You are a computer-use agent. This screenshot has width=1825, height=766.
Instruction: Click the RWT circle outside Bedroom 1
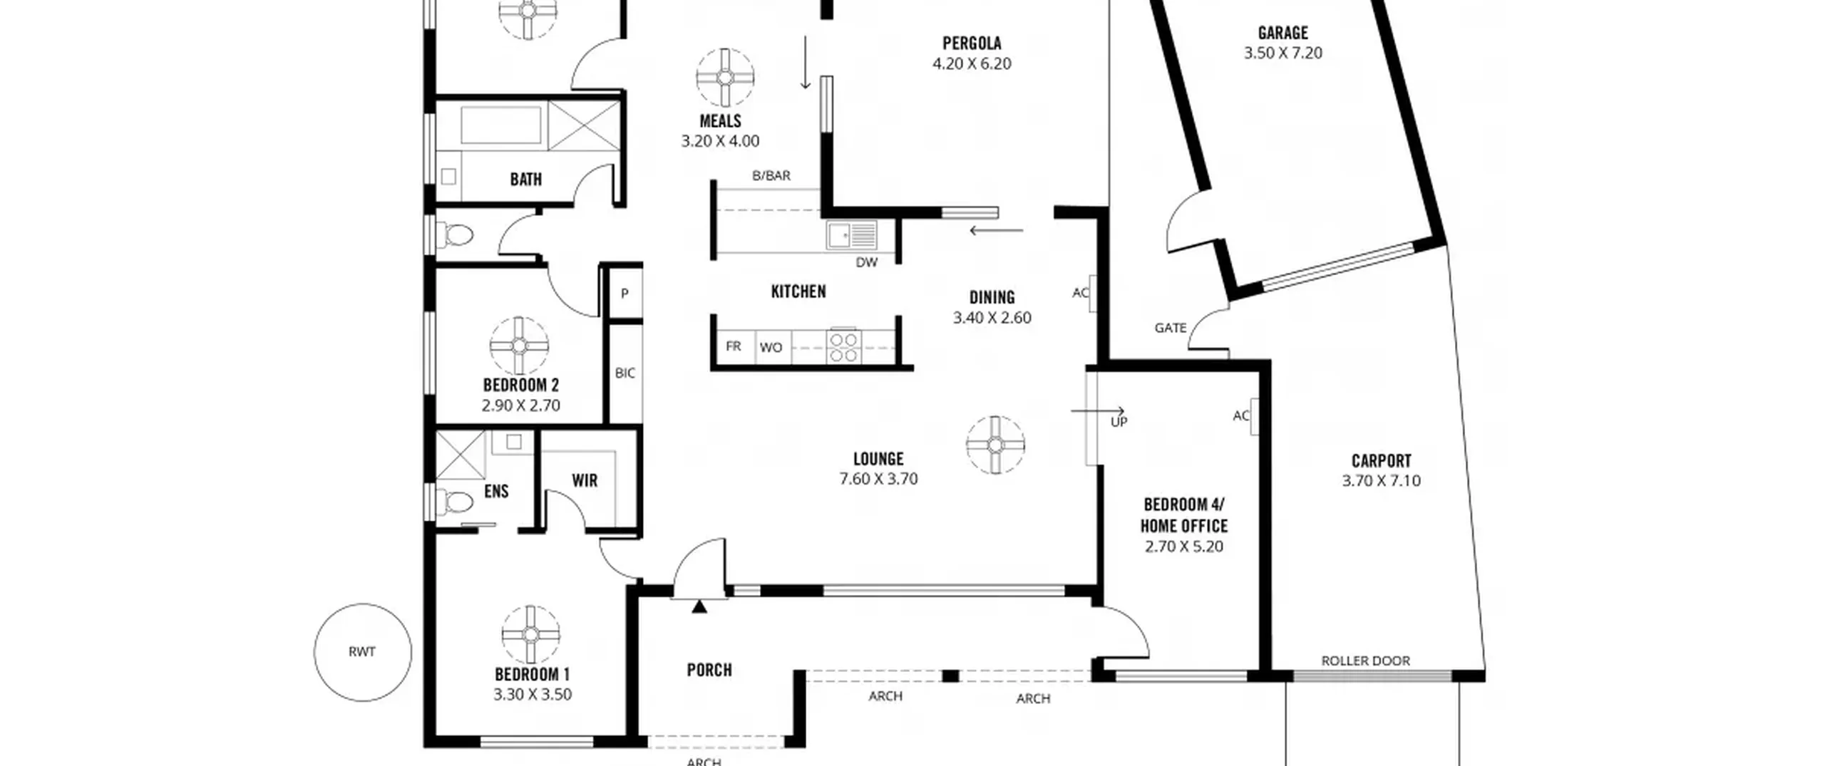pyautogui.click(x=314, y=652)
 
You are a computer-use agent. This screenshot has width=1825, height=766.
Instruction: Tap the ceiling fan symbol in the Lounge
pyautogui.click(x=995, y=445)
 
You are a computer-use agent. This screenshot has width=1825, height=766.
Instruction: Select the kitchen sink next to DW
pyautogui.click(x=851, y=235)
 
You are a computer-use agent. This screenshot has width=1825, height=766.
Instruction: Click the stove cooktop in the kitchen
pyautogui.click(x=844, y=347)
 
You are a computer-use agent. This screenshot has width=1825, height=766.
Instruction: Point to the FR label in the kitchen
pyautogui.click(x=733, y=346)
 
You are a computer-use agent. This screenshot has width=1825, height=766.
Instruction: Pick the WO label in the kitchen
pyautogui.click(x=771, y=348)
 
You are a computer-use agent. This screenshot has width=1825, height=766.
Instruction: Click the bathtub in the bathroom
pyautogui.click(x=501, y=125)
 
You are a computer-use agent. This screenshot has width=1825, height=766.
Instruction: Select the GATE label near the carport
pyautogui.click(x=1171, y=328)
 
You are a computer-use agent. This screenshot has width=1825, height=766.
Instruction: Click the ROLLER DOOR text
pyautogui.click(x=1365, y=661)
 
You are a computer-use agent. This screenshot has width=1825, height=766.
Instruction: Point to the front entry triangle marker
pyautogui.click(x=699, y=606)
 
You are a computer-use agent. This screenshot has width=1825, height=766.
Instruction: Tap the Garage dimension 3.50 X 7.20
pyautogui.click(x=1282, y=53)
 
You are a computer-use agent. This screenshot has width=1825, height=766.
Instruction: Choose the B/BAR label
pyautogui.click(x=771, y=175)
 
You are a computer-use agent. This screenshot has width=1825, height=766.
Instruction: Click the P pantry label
pyautogui.click(x=624, y=293)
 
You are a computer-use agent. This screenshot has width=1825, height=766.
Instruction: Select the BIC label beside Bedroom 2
pyautogui.click(x=625, y=373)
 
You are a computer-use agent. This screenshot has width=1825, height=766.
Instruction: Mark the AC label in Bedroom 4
pyautogui.click(x=1241, y=415)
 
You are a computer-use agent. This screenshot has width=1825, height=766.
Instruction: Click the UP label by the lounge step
pyautogui.click(x=1119, y=422)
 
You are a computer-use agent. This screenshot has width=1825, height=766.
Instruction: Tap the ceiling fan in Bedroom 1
pyautogui.click(x=530, y=634)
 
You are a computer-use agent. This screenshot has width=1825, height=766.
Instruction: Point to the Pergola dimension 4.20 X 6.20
pyautogui.click(x=972, y=63)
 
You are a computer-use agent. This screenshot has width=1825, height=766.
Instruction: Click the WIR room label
pyautogui.click(x=585, y=480)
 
